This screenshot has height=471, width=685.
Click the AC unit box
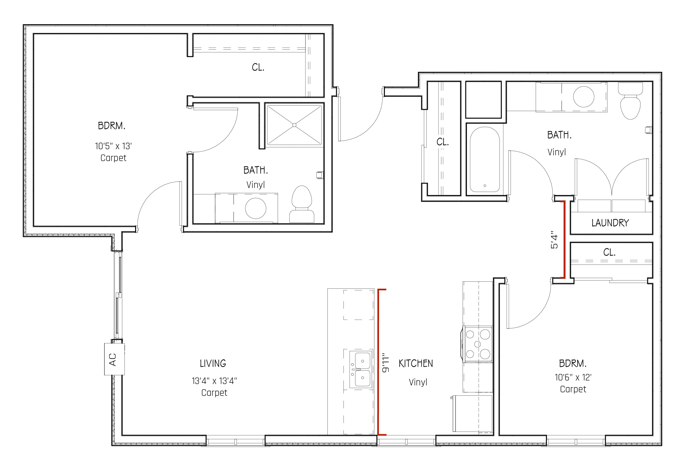114,359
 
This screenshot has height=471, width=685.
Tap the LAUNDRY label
610,223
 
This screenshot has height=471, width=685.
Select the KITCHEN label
416,364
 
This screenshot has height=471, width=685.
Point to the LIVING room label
213,364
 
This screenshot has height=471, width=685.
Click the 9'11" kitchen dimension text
385,362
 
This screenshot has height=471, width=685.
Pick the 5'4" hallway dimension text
554,240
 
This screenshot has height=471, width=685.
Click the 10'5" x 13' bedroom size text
113,146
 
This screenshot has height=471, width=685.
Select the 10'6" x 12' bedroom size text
573,377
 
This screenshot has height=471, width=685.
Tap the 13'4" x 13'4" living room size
214,381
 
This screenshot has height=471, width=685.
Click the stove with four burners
477,344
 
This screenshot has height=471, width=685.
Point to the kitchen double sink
360,369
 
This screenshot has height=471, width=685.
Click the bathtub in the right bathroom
484,159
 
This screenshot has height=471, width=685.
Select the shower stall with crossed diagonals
294,125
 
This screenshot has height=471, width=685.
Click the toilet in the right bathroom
631,102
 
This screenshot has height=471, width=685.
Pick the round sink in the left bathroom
256,208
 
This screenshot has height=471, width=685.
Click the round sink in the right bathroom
584,96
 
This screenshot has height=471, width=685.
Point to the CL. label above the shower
258,68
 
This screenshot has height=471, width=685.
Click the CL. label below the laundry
609,252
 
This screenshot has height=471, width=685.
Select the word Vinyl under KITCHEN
418,382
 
